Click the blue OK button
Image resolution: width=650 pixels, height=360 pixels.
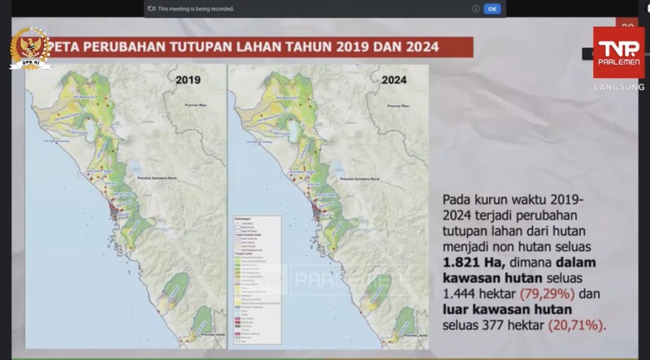(492, 9)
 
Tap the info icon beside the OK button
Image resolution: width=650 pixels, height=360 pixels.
(475, 9)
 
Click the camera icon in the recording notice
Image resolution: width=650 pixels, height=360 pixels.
(151, 9)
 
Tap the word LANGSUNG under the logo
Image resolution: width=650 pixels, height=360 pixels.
(619, 87)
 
